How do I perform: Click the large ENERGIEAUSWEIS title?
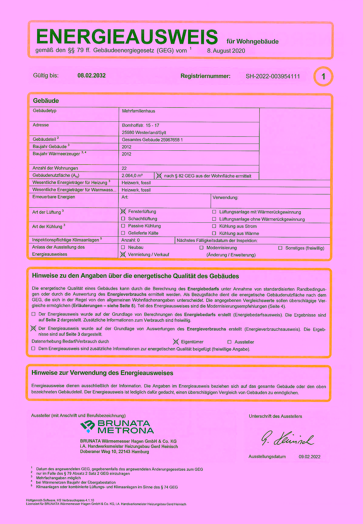pos(127,37)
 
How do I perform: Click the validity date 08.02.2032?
pos(91,76)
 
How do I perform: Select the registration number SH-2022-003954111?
pos(273,76)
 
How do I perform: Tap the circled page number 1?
pos(323,76)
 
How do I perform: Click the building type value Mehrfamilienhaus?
pos(138,111)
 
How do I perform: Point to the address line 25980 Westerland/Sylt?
pos(144,133)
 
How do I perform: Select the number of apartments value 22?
pos(124,168)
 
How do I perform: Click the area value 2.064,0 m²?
pos(132,176)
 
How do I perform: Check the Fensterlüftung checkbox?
pos(123,212)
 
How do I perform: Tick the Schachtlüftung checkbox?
pos(123,219)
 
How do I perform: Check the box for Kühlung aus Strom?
pos(214,226)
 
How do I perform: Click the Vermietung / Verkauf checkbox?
pos(123,254)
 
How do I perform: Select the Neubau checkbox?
pos(123,247)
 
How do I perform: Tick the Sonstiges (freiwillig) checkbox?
pos(280,248)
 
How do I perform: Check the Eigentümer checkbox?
pos(176,342)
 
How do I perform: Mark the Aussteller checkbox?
pos(230,342)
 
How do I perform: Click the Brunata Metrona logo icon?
pos(88,427)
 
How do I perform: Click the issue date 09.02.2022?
pos(310,457)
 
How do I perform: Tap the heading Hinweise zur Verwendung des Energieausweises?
pos(102,373)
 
